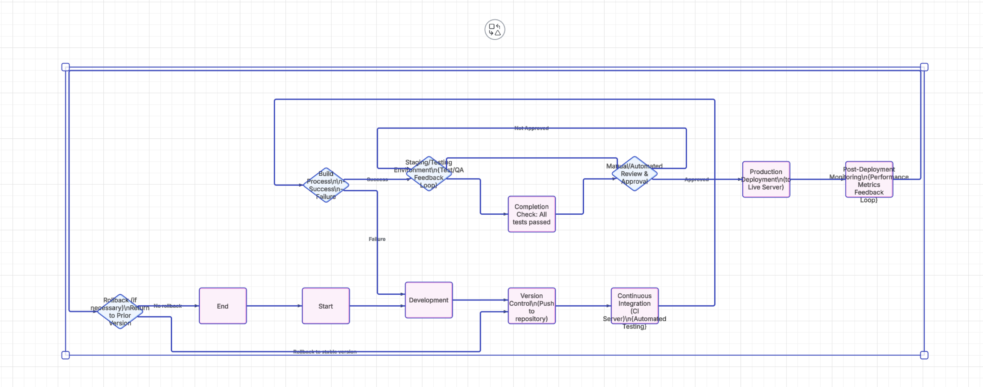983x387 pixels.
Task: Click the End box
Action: point(223,306)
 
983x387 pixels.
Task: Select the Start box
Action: point(326,306)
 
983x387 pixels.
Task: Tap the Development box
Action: point(429,300)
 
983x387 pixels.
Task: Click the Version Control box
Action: point(531,306)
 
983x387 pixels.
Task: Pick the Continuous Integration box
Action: point(635,306)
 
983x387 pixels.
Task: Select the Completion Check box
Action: point(531,214)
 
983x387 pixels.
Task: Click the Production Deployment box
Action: point(766,179)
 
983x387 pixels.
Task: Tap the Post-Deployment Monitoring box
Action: point(869,179)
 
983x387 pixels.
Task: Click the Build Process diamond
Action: point(326,185)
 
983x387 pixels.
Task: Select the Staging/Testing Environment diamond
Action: point(429,173)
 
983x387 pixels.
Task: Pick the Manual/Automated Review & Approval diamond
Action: point(634,173)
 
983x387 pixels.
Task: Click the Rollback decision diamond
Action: point(120,311)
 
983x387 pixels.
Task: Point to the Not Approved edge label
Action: point(531,128)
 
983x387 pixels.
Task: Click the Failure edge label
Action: point(377,239)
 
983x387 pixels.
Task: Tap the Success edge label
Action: point(377,179)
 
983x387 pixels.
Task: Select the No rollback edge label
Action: point(168,306)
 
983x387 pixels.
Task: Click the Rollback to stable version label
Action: point(325,351)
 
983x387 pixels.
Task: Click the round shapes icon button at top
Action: point(495,29)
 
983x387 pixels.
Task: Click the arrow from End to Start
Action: point(274,306)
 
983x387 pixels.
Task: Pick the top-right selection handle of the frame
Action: point(924,67)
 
